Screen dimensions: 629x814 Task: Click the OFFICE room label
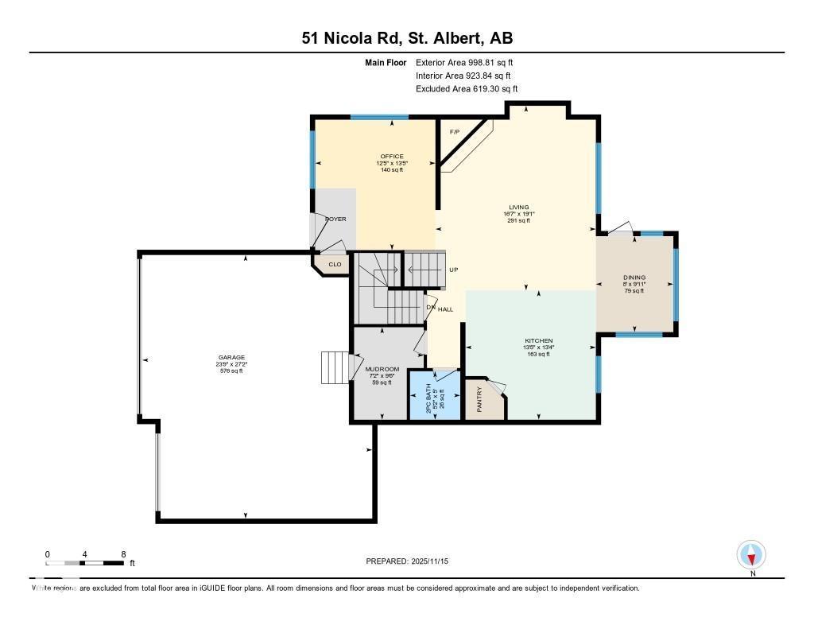tap(390, 157)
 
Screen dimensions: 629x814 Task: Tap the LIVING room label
tap(519, 207)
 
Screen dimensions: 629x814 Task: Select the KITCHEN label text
tap(538, 340)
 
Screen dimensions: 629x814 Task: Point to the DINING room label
tap(634, 278)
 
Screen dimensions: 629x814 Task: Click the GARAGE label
tap(232, 358)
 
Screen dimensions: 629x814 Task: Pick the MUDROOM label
tap(382, 370)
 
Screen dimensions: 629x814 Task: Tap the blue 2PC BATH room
tap(434, 394)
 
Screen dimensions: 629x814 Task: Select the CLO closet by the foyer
tap(335, 264)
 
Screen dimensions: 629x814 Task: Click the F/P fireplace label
tap(455, 132)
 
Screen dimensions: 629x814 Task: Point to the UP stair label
tap(453, 270)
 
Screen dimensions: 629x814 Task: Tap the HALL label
tap(445, 309)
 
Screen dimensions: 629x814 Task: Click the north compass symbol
tap(751, 554)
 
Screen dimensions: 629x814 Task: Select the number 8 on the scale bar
tap(123, 553)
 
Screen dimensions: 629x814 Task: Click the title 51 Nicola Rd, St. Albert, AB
tap(406, 38)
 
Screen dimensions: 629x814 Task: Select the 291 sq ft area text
tap(519, 220)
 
